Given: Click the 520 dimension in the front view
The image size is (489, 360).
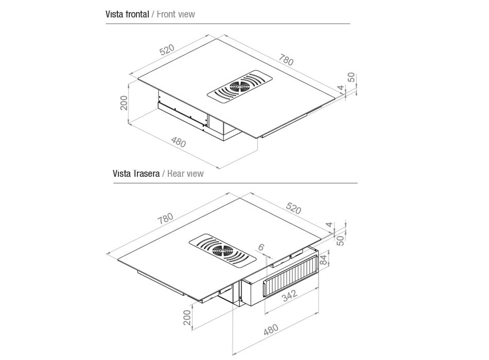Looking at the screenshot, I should pyautogui.click(x=167, y=50).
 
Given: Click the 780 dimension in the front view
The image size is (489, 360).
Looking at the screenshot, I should pyautogui.click(x=286, y=60).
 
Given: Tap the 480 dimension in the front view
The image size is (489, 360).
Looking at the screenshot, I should pyautogui.click(x=178, y=143).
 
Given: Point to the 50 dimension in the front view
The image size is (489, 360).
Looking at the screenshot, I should pyautogui.click(x=351, y=77).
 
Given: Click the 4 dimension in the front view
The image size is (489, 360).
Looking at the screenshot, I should pyautogui.click(x=340, y=88).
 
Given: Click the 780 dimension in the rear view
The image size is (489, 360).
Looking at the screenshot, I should pyautogui.click(x=166, y=218).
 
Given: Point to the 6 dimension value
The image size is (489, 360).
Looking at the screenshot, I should pyautogui.click(x=261, y=247).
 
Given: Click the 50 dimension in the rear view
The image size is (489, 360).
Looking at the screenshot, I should pyautogui.click(x=340, y=240).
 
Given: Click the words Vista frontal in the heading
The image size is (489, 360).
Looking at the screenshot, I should pyautogui.click(x=127, y=14).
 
